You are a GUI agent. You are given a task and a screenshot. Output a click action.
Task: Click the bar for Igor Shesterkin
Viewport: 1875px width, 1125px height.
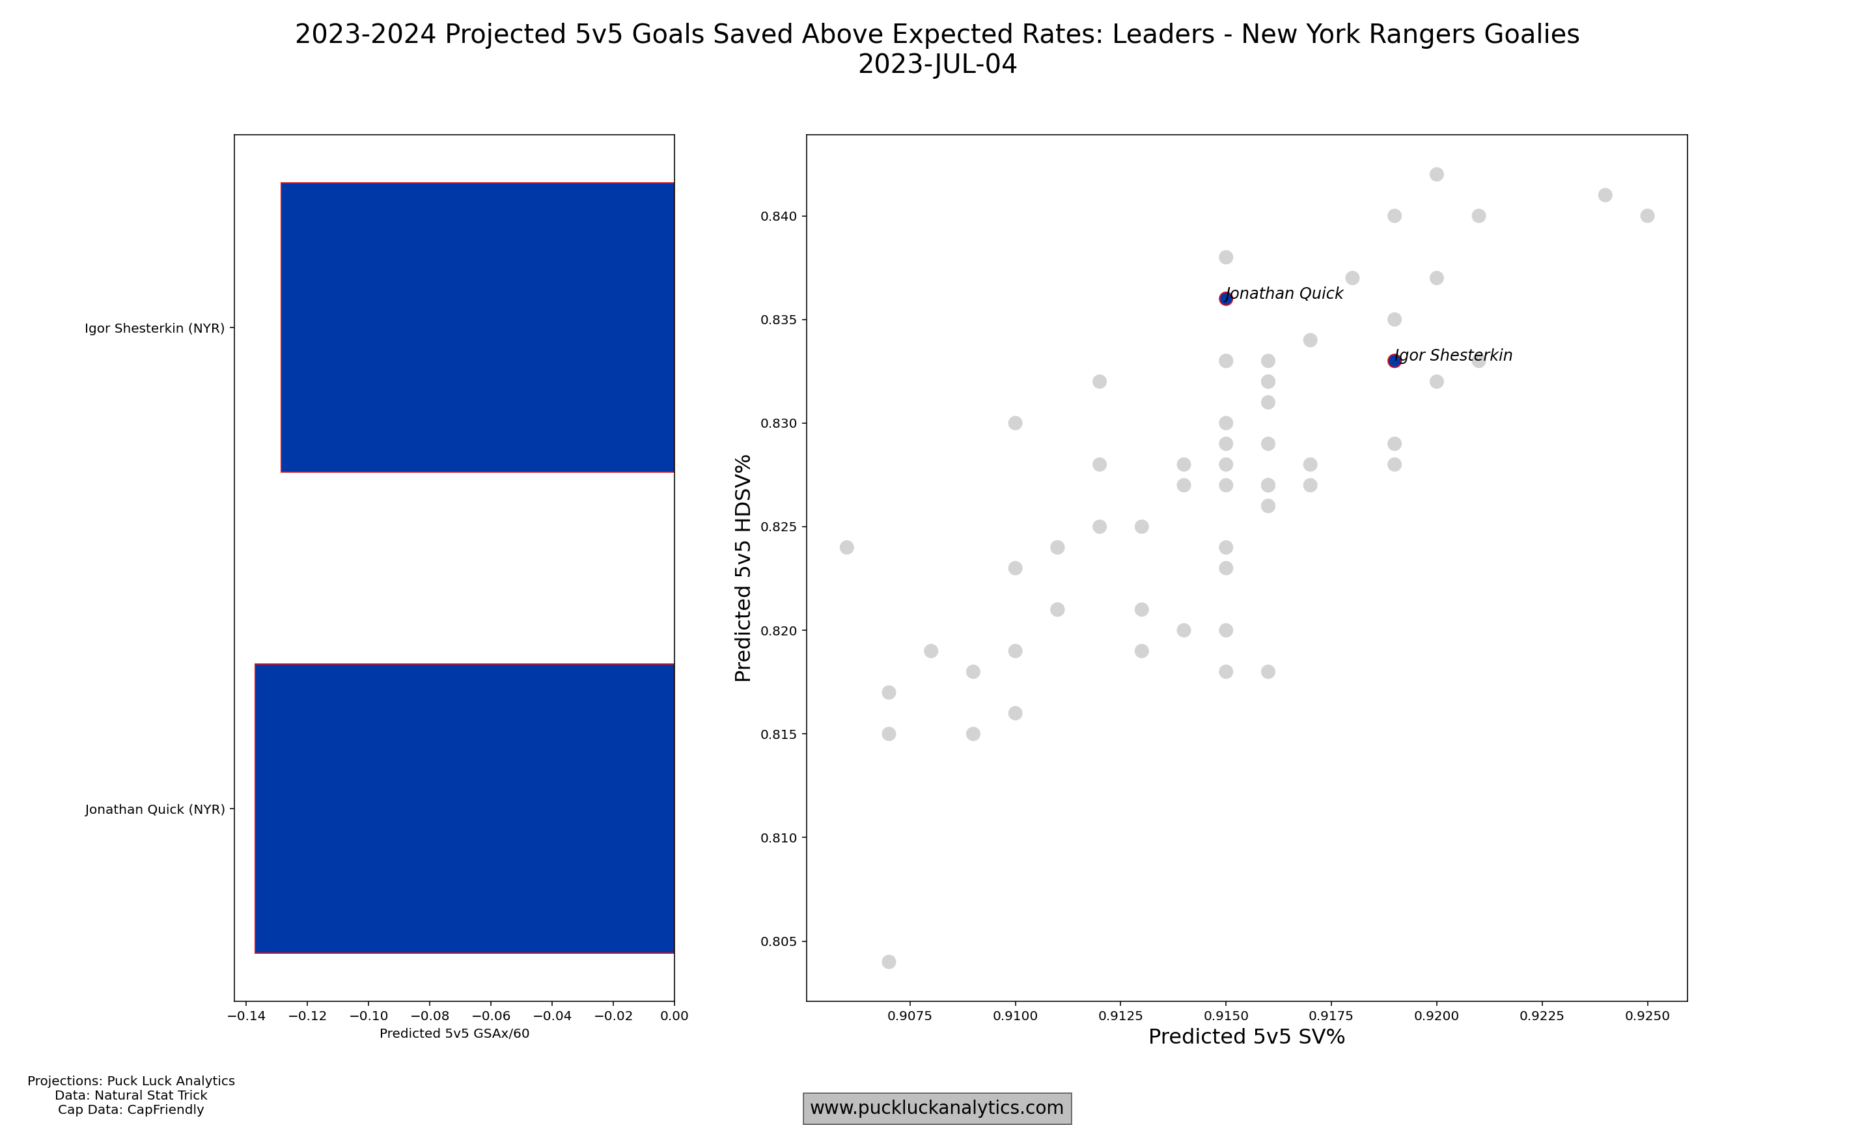pos(477,327)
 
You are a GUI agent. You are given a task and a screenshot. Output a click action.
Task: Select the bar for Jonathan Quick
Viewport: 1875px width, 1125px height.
pos(465,808)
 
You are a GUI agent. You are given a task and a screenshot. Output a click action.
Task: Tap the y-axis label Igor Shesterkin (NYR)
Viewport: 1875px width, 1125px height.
pos(154,328)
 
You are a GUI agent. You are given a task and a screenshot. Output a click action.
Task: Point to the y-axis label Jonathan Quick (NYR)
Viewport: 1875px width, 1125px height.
pos(154,810)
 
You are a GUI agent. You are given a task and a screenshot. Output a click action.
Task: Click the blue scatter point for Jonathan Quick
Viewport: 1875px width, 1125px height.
pos(1225,299)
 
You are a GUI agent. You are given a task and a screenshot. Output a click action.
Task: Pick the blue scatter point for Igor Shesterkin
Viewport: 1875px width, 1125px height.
pos(1394,361)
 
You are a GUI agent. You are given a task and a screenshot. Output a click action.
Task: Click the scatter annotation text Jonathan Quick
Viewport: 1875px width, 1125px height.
pos(1285,294)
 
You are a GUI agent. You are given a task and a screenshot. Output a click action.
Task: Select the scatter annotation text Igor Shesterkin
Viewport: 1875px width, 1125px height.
pos(1454,355)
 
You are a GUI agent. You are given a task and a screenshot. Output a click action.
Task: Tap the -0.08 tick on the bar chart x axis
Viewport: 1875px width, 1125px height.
pos(430,1016)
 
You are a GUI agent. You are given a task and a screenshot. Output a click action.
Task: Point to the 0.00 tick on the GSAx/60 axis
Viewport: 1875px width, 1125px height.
pos(674,1016)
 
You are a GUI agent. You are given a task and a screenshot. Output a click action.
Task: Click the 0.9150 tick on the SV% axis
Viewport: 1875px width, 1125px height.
pos(1225,1016)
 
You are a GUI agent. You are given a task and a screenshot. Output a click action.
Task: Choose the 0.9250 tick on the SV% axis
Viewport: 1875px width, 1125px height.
pos(1647,1016)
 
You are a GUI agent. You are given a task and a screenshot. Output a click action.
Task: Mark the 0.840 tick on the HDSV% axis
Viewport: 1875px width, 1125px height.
pos(780,216)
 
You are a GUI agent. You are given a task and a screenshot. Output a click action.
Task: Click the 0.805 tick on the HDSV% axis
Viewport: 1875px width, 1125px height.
pos(780,941)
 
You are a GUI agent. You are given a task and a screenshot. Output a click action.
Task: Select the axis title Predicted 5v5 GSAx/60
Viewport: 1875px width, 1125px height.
pos(454,1033)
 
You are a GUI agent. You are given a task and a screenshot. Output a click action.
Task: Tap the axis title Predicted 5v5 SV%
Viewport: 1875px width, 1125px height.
pos(1247,1037)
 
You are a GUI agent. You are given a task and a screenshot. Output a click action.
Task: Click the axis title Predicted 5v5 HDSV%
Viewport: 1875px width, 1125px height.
pos(743,568)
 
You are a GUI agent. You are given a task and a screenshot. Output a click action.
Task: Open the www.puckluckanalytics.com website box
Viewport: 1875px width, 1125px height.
pos(937,1108)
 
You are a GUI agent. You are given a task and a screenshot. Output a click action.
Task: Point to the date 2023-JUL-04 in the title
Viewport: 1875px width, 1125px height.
pos(937,64)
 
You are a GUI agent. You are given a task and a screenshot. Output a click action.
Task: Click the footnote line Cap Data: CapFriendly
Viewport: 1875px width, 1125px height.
pos(130,1110)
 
